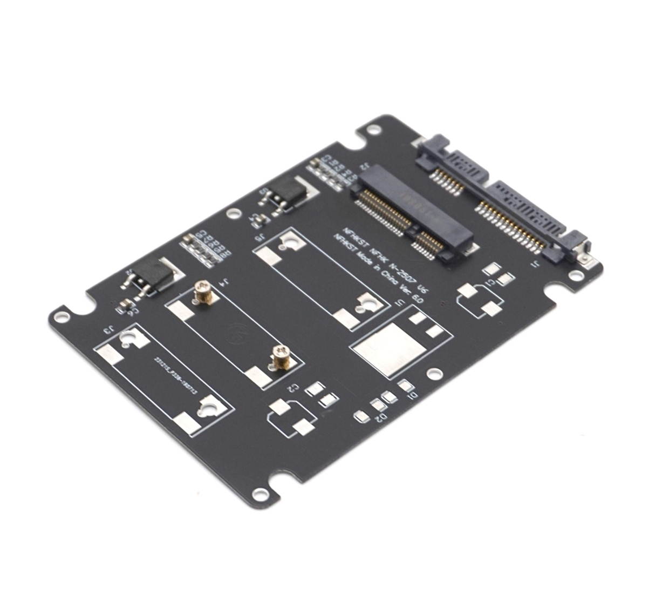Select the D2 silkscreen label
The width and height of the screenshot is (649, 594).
click(380, 417)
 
